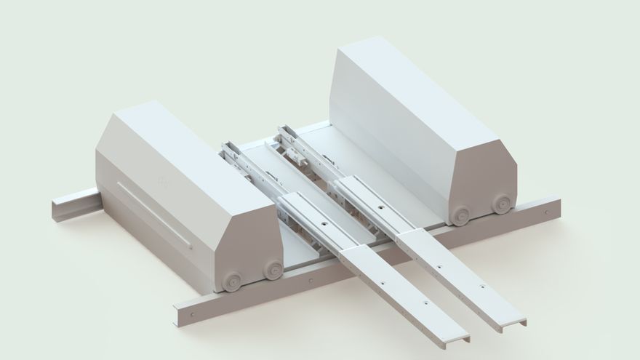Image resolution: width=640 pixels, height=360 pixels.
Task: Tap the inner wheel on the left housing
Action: click(273, 270)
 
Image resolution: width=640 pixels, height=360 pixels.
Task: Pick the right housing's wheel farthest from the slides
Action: click(500, 204)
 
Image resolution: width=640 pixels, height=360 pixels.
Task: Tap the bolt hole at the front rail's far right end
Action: click(545, 212)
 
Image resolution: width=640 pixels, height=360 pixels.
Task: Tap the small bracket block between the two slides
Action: click(297, 155)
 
